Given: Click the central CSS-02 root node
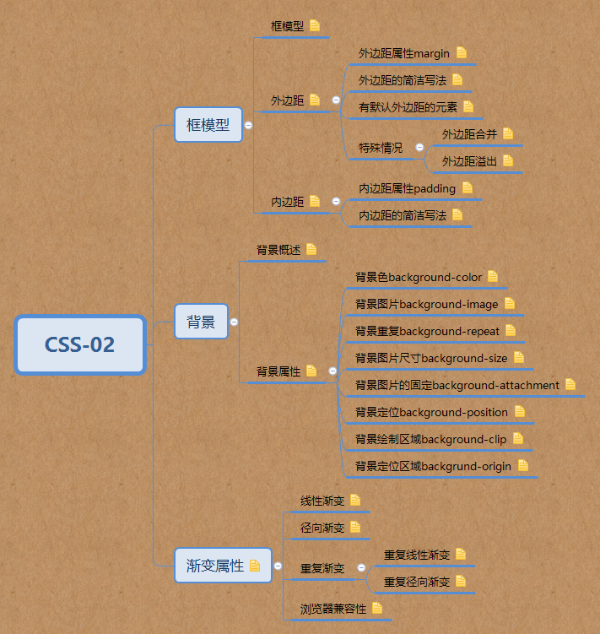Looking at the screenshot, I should pyautogui.click(x=80, y=344).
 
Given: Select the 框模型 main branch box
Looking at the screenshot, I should pyautogui.click(x=208, y=125).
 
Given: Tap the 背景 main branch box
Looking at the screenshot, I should pyautogui.click(x=201, y=322).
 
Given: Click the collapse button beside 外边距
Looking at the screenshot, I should pyautogui.click(x=336, y=100).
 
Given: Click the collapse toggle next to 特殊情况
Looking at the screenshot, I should pyautogui.click(x=420, y=148).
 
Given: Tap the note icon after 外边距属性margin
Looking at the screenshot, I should pyautogui.click(x=462, y=52).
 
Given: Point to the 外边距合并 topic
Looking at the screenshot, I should pyautogui.click(x=469, y=133).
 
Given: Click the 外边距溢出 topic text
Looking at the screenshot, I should pyautogui.click(x=469, y=160).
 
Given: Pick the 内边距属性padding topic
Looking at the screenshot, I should pyautogui.click(x=407, y=188).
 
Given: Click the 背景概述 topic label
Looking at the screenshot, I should pyautogui.click(x=278, y=250).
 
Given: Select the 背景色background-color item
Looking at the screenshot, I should pyautogui.click(x=419, y=277).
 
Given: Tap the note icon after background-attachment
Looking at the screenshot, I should pyautogui.click(x=570, y=385).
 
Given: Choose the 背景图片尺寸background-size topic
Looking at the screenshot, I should pyautogui.click(x=431, y=358).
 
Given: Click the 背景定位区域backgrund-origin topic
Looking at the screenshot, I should pyautogui.click(x=433, y=466).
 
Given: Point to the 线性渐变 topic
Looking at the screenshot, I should pyautogui.click(x=322, y=501).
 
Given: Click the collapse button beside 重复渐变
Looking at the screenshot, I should pyautogui.click(x=361, y=568).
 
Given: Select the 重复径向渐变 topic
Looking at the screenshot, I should pyautogui.click(x=417, y=582).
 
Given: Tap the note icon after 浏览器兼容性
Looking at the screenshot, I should pyautogui.click(x=377, y=608).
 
